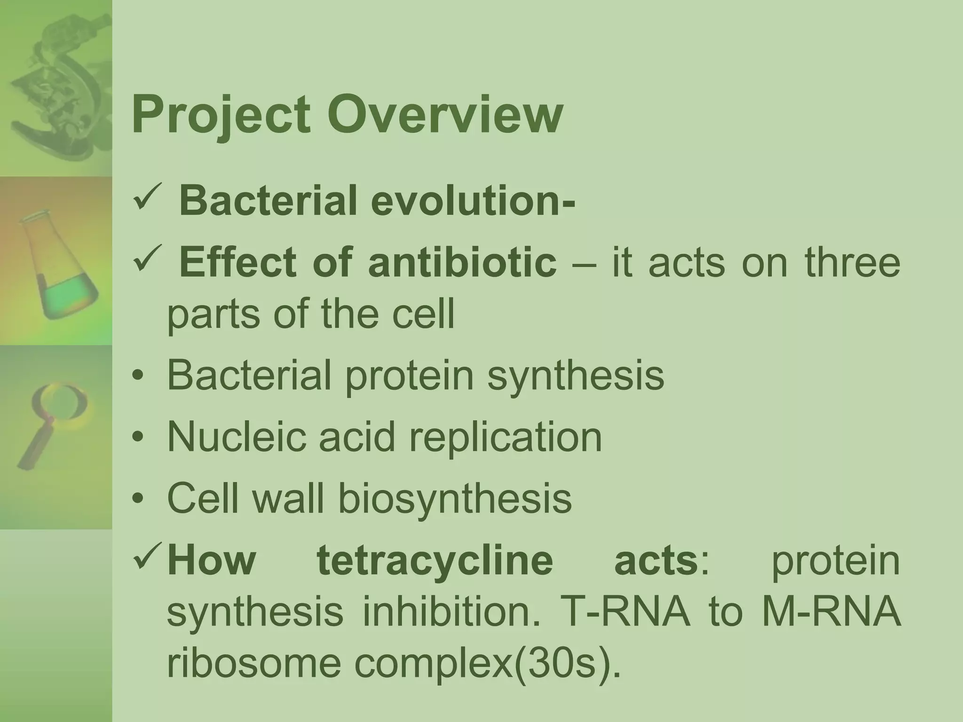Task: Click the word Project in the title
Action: [221, 115]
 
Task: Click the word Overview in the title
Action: [445, 115]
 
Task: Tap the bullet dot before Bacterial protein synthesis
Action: [137, 376]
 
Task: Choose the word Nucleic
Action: [235, 437]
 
